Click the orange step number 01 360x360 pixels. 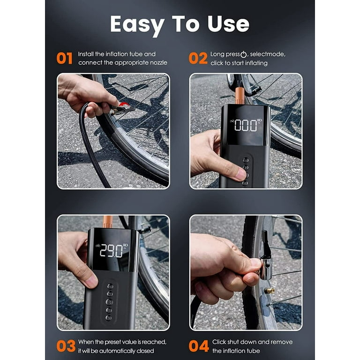(65, 58)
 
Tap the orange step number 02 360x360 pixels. (198, 58)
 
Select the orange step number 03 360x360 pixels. (66, 346)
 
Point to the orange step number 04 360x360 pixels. (199, 346)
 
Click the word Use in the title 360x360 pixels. (228, 24)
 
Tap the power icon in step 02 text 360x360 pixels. (243, 54)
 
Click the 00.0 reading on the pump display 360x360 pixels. (246, 125)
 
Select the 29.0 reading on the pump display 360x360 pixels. (112, 251)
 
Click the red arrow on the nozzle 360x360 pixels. (125, 105)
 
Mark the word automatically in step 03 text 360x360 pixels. (117, 351)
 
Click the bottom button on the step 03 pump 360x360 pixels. (108, 318)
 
